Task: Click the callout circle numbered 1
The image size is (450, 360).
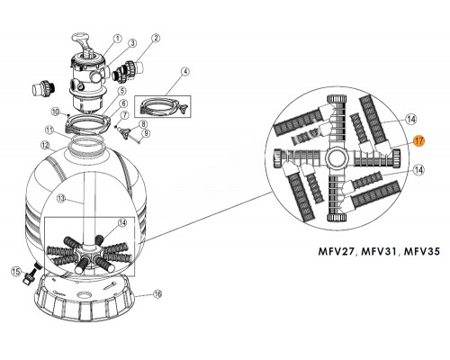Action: pos(118,39)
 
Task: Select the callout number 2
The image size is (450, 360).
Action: pos(157,39)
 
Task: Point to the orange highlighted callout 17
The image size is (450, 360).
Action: pos(418,140)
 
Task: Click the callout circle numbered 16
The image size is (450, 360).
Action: pos(157,319)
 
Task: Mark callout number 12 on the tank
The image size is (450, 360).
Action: pos(44,144)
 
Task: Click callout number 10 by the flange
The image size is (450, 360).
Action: pos(56,112)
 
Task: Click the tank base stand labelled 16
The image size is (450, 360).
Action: pos(90,319)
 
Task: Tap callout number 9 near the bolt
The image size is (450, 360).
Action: pos(146,133)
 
